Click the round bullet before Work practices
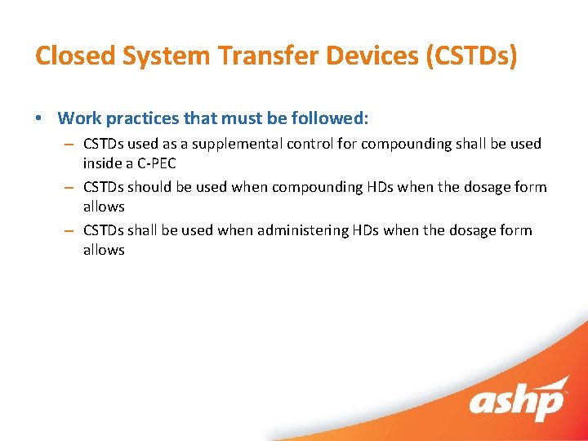(x=40, y=118)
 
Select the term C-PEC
(x=153, y=163)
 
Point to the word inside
(x=102, y=163)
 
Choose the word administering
(x=303, y=230)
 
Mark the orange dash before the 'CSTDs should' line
(x=70, y=187)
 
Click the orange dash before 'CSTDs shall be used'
(x=70, y=230)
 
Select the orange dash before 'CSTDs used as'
(x=70, y=144)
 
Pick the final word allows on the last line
(x=104, y=250)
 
